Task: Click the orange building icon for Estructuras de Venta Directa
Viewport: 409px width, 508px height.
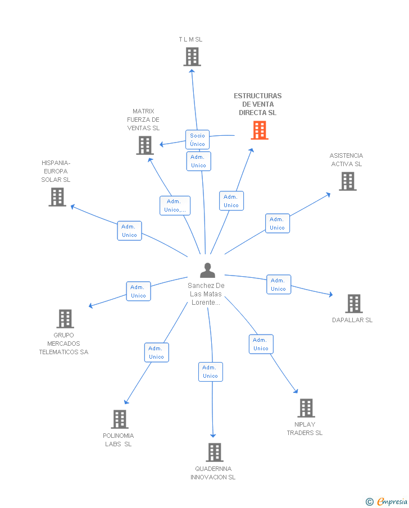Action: (x=259, y=130)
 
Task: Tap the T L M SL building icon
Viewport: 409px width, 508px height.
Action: (x=192, y=57)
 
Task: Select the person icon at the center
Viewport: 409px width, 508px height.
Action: (x=208, y=271)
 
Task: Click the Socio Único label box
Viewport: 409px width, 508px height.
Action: (x=197, y=140)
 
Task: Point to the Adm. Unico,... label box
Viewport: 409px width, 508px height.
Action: (x=175, y=205)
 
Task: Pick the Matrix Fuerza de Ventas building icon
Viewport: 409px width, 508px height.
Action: (x=145, y=145)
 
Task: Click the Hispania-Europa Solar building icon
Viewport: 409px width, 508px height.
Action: (x=57, y=197)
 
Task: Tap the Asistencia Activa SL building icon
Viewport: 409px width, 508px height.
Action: (x=348, y=181)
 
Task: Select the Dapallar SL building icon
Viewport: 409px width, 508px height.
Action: (x=353, y=304)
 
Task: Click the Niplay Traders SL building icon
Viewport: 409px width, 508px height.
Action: (x=306, y=408)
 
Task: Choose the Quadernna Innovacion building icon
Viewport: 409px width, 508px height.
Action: (x=214, y=452)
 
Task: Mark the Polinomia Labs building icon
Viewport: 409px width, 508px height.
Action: (x=119, y=419)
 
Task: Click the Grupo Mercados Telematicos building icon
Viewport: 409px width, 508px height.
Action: (x=65, y=319)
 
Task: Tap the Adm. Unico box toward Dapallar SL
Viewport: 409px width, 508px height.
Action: (x=278, y=285)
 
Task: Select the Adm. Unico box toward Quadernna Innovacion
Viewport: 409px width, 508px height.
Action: (x=210, y=372)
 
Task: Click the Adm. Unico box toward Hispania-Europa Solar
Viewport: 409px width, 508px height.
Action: (x=129, y=231)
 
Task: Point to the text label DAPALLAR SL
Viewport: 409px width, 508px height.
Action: (x=352, y=321)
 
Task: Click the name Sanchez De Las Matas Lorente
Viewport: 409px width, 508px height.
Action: (x=206, y=294)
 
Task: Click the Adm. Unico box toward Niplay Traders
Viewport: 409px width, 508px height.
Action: (x=261, y=344)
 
